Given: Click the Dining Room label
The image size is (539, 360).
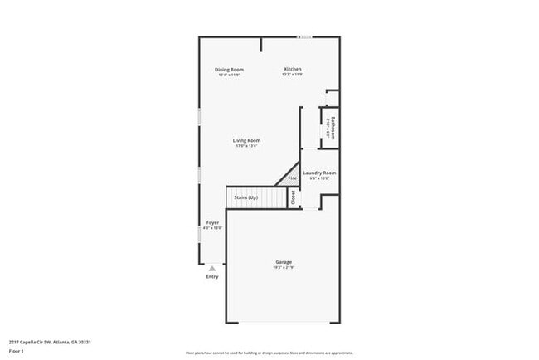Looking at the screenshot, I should [x=229, y=69].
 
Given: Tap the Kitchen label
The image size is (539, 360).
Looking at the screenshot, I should [x=293, y=69].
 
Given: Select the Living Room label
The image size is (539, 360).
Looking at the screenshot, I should [x=247, y=140].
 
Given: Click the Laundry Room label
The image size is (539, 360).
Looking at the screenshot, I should [x=319, y=173].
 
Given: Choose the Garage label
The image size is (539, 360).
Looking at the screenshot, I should [x=284, y=262].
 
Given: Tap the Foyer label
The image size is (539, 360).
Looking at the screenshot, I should [x=213, y=222].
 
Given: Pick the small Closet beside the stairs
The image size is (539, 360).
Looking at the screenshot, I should [x=293, y=197].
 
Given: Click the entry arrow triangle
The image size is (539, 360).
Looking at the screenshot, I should [x=212, y=268].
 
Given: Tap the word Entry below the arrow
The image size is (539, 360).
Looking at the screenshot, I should [x=212, y=276].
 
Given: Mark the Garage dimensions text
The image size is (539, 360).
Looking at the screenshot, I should [x=284, y=268].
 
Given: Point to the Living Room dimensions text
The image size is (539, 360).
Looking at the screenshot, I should [x=247, y=146].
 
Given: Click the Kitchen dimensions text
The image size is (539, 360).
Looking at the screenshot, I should [x=293, y=75].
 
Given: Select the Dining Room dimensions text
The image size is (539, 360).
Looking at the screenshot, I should [x=229, y=75].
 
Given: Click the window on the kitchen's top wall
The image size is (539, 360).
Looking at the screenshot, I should [x=306, y=36].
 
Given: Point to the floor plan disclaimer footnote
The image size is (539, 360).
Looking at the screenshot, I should [x=269, y=352].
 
